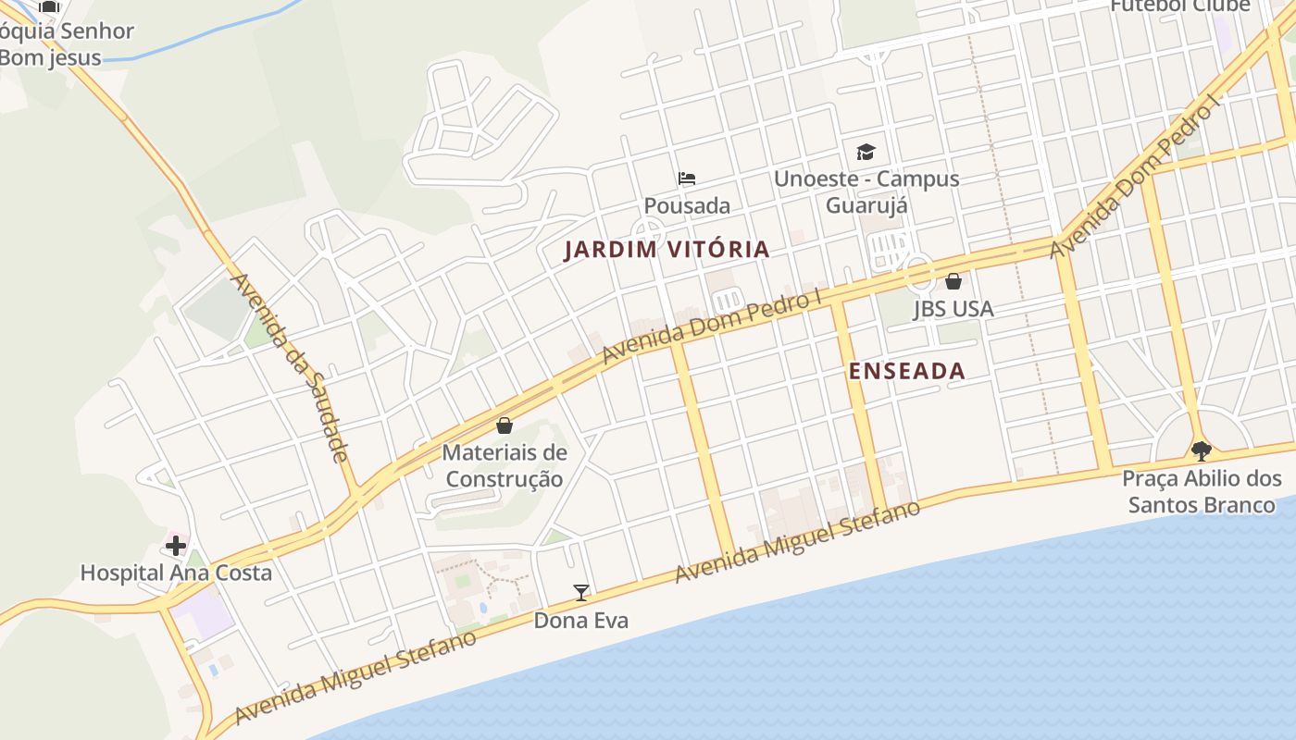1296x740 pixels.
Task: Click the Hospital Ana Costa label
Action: point(176,573)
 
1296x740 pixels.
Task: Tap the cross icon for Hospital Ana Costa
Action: point(176,545)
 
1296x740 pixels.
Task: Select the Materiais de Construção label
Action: point(505,466)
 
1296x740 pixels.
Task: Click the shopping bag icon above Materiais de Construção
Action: point(505,425)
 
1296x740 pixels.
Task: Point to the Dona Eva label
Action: point(580,621)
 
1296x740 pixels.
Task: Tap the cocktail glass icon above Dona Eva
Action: point(581,593)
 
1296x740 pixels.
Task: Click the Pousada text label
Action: point(687,205)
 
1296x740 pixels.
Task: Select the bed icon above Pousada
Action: point(687,179)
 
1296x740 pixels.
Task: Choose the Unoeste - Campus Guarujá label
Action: point(866,191)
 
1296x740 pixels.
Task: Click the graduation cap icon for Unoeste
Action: point(866,152)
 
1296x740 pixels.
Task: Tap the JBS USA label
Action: point(953,309)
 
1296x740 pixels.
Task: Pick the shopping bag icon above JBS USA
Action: point(953,281)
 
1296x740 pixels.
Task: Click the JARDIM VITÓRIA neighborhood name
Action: point(667,249)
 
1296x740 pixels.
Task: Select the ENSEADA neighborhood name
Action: point(907,371)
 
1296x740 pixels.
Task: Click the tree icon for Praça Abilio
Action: point(1202,451)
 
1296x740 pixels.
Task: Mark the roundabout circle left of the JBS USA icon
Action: point(919,270)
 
